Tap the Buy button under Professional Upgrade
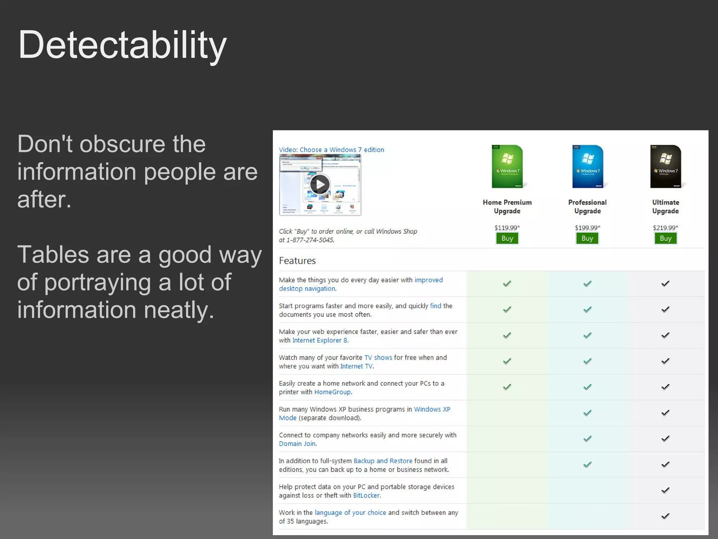[587, 238]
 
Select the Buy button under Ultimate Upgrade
[665, 238]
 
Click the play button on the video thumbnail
[320, 184]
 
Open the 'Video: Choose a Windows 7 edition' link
[331, 150]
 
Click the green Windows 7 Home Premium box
[507, 167]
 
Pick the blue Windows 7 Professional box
[588, 167]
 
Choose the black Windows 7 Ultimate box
[665, 167]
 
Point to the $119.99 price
[507, 228]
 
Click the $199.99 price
[587, 228]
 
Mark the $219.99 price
[665, 228]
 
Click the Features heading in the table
[297, 261]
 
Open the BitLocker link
[366, 495]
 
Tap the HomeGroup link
[332, 392]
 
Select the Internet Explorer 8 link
[320, 340]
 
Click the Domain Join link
[297, 444]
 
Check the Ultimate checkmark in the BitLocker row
[665, 491]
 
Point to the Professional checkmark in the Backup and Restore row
[587, 465]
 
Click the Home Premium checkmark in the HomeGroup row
[507, 387]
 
